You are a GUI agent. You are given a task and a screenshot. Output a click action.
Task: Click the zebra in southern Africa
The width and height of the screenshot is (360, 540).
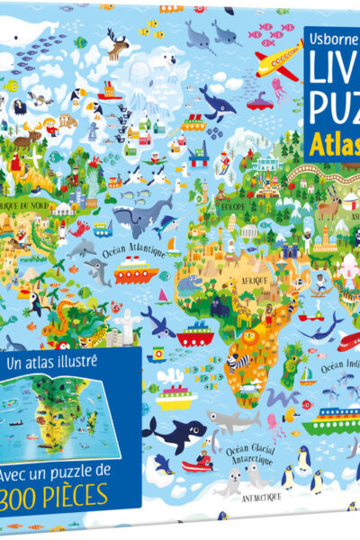coord(233,362)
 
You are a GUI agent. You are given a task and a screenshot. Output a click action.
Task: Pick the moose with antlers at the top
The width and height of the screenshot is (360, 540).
coord(118,42)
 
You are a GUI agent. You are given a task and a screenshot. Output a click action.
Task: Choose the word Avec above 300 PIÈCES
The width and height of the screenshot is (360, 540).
coord(26,469)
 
